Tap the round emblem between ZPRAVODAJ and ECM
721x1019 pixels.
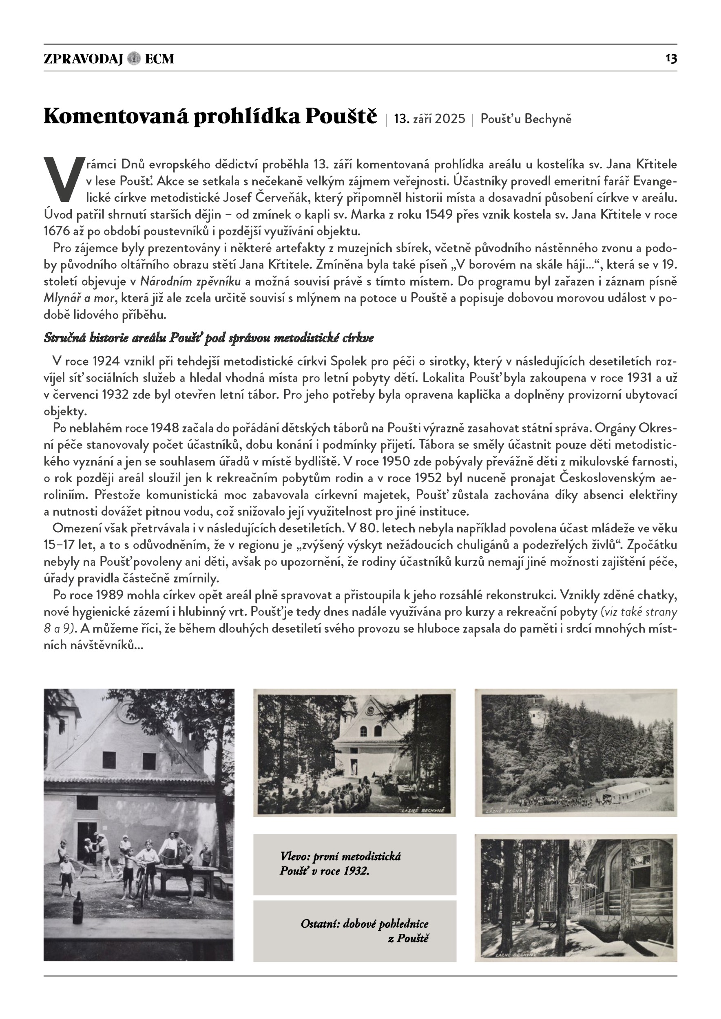coord(134,58)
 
